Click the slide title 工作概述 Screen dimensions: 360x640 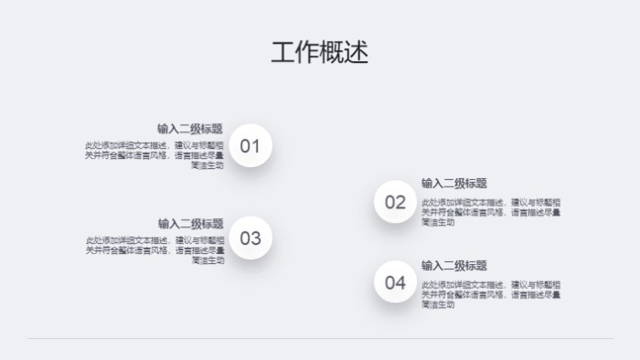pos(319,53)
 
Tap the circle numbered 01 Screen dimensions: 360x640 pos(251,146)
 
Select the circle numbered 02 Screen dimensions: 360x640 pos(395,202)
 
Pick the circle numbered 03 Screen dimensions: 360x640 pos(251,238)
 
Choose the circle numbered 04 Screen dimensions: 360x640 pos(395,282)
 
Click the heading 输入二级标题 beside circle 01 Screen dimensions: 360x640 pos(190,129)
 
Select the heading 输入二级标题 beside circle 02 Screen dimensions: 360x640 pos(454,183)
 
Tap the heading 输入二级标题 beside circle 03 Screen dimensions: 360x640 pos(190,223)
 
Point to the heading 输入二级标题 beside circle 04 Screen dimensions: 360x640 pos(454,265)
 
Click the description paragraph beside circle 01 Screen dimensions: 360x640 pos(155,155)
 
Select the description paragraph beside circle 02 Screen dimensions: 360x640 pos(491,211)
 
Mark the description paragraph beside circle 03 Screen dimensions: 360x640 pos(155,249)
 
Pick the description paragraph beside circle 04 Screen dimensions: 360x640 pos(491,294)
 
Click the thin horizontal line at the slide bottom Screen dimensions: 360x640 pos(320,339)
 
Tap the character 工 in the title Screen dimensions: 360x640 pos(283,53)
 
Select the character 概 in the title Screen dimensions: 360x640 pos(332,53)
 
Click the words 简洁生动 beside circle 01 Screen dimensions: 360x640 pos(208,166)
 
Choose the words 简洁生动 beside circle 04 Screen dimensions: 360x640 pos(438,305)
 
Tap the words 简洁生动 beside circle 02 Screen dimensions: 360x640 pos(438,222)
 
